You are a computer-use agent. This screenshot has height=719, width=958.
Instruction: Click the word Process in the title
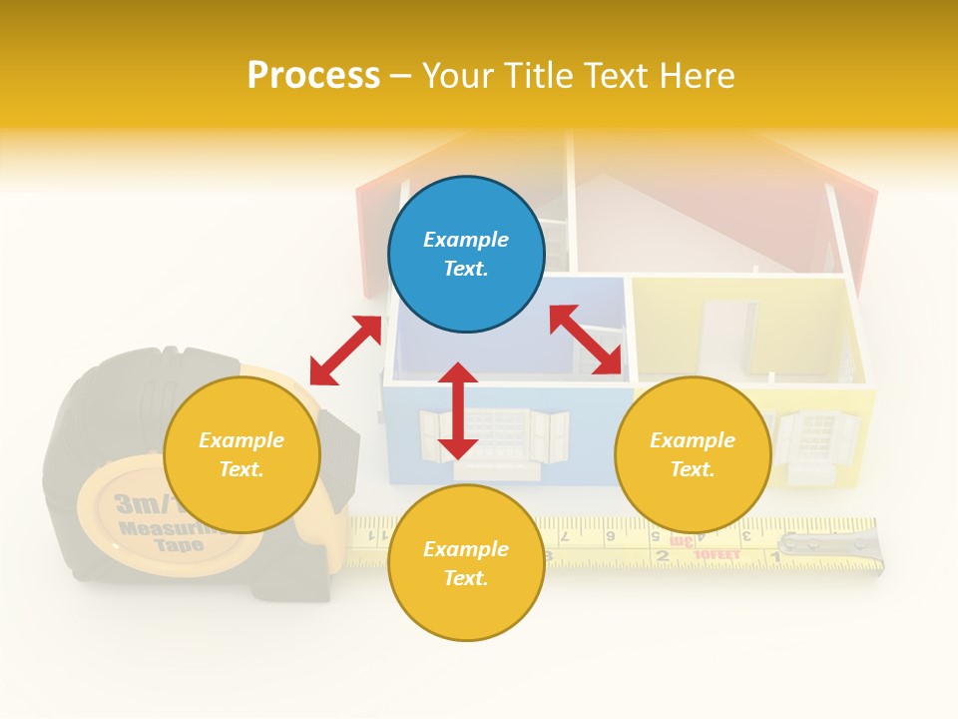[313, 75]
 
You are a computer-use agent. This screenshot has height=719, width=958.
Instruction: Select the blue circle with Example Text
[466, 254]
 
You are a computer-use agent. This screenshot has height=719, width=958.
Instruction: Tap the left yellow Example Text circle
[241, 454]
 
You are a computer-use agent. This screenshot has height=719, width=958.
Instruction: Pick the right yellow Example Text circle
[693, 454]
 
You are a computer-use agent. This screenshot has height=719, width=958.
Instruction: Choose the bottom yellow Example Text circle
[466, 563]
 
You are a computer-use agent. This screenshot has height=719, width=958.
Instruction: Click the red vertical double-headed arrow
[458, 410]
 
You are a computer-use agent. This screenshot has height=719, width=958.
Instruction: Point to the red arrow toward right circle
[586, 340]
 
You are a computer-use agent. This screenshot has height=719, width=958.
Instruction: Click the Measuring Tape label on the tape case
[165, 529]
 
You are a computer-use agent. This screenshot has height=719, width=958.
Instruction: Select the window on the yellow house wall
[816, 435]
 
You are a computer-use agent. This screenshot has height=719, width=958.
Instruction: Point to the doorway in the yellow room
[728, 338]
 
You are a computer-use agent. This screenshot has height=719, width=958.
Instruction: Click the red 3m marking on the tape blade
[682, 541]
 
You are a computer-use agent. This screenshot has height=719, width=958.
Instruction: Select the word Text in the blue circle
[466, 269]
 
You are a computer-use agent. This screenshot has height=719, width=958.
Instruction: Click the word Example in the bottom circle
[466, 548]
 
